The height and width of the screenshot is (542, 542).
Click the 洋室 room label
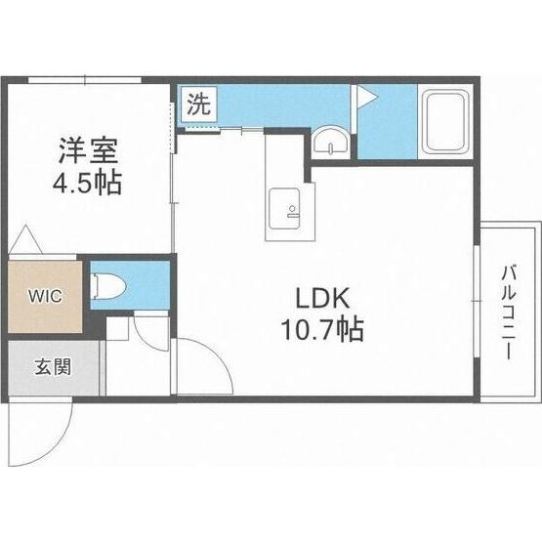point(86,152)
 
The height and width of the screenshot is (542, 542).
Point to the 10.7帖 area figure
point(323,330)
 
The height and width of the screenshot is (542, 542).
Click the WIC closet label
point(46,294)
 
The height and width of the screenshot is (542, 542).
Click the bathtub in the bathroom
point(446,122)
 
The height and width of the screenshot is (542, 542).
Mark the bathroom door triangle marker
point(366,96)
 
